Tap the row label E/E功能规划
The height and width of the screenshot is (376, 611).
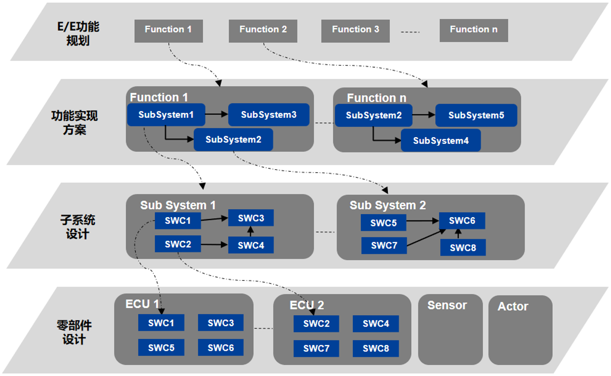tap(77, 34)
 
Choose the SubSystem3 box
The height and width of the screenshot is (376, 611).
tap(268, 115)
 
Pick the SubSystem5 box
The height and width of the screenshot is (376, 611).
tap(476, 115)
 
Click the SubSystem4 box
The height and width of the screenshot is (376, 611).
tap(440, 141)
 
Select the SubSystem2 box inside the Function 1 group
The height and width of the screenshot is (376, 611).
tap(233, 140)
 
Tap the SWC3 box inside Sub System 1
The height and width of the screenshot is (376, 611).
tap(251, 218)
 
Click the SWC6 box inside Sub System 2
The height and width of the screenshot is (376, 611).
tap(462, 221)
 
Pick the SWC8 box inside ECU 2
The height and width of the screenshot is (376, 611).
tap(376, 348)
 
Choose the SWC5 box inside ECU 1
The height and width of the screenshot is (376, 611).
tap(161, 347)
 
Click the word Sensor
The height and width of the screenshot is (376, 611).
tap(447, 305)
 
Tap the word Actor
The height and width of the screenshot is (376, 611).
tap(512, 306)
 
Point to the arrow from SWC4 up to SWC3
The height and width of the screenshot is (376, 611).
tap(251, 231)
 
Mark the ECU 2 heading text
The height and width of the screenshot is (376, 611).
tap(306, 305)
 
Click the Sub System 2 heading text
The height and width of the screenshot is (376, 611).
tap(387, 205)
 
